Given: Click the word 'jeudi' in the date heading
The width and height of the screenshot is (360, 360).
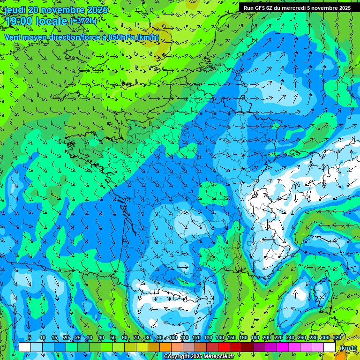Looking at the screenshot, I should (15, 10).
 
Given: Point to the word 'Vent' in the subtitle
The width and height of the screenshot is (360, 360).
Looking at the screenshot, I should (14, 37).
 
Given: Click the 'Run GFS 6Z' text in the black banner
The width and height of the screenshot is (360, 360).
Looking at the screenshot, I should (258, 8).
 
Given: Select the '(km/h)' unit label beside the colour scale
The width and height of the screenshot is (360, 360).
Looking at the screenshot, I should (347, 347).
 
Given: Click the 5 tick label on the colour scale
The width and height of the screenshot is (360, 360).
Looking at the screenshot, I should (30, 338).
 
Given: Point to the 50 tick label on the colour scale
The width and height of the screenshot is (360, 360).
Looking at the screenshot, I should (112, 338).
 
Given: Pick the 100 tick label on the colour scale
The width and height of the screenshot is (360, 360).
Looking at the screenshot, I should (173, 338).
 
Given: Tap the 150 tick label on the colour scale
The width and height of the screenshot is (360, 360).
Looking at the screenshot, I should (232, 338).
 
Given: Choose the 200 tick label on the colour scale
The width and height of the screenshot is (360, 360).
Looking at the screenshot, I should (267, 338).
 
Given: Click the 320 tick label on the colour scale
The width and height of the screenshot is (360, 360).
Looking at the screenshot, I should (337, 338).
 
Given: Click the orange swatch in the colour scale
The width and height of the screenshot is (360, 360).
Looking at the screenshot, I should (165, 347).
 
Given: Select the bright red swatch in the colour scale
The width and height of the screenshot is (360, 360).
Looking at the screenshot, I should (224, 347).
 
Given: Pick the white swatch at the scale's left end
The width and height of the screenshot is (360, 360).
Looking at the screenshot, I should (25, 347).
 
